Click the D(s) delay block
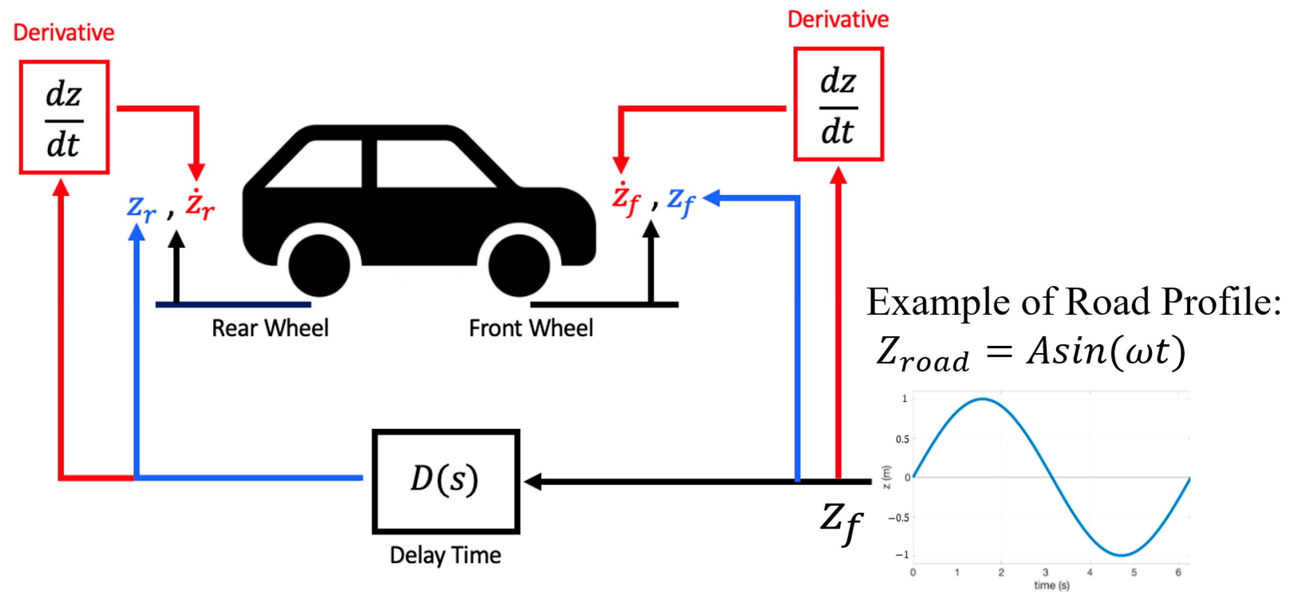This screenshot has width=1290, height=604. click(x=445, y=481)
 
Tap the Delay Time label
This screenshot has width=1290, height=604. click(x=445, y=555)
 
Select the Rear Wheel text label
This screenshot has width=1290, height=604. click(x=270, y=328)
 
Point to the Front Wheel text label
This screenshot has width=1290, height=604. click(x=531, y=328)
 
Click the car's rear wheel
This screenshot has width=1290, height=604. click(x=319, y=266)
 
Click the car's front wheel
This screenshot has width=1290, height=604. click(x=519, y=266)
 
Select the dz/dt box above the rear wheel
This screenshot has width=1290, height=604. click(x=64, y=118)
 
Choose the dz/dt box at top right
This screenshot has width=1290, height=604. click(x=838, y=104)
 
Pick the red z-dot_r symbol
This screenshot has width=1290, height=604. click(x=200, y=205)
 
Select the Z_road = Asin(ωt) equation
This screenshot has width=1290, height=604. click(x=1031, y=353)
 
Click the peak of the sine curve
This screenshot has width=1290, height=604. click(x=982, y=399)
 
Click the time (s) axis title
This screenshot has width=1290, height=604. click(x=1052, y=585)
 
